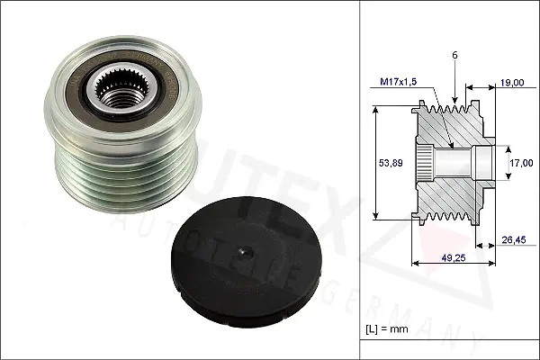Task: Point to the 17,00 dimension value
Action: (517, 164)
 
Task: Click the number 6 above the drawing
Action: (456, 56)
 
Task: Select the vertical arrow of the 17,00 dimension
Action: (503, 163)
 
